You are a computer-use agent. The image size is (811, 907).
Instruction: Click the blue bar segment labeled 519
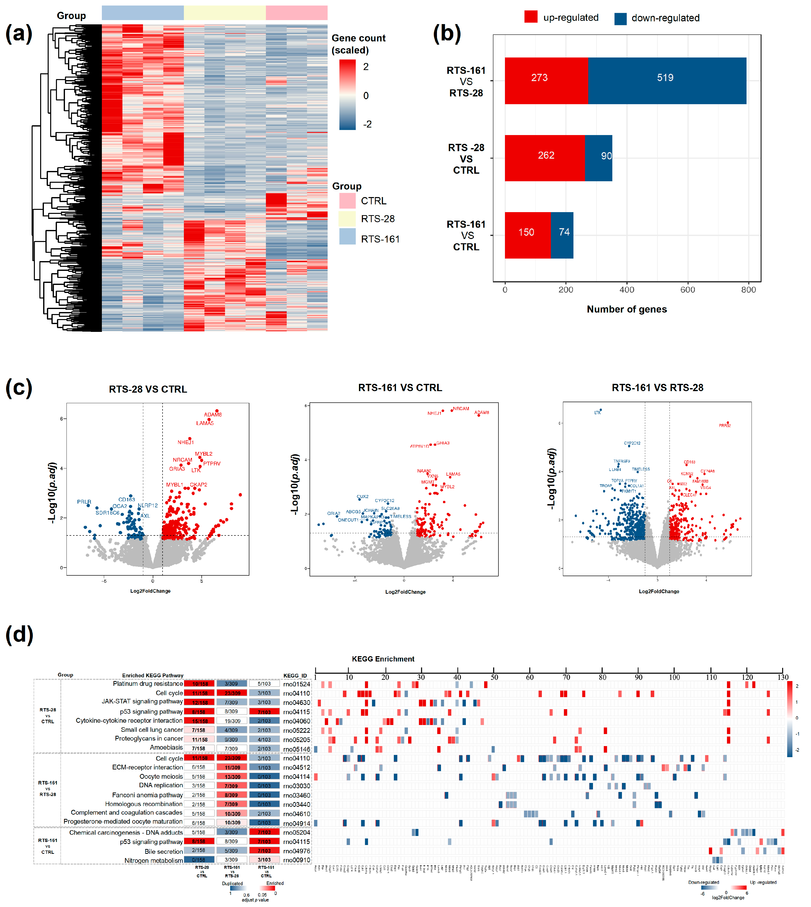tap(666, 81)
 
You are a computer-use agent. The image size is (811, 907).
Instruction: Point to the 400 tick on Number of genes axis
tap(627, 290)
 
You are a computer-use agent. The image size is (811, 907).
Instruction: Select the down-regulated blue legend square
tap(620, 18)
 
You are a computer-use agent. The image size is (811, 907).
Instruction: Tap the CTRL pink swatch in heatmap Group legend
tap(347, 201)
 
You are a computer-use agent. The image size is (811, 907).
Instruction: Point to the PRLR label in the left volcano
tap(84, 502)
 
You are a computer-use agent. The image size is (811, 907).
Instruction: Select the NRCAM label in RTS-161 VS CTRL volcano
tap(461, 408)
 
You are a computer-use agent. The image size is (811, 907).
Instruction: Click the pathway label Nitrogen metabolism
tap(153, 860)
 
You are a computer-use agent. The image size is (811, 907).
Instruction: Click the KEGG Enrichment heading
tap(383, 659)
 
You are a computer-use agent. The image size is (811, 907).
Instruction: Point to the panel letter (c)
tap(19, 388)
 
